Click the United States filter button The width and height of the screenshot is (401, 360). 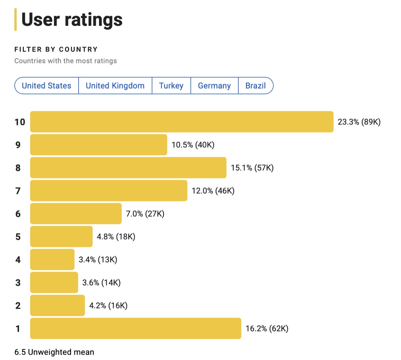click(46, 86)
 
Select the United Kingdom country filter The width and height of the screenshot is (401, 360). click(115, 86)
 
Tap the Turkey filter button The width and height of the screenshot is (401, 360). click(171, 86)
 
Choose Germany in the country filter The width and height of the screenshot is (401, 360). click(214, 86)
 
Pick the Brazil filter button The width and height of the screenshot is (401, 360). click(256, 86)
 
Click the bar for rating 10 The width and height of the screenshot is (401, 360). click(181, 122)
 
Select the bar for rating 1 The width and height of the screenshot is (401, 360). click(135, 329)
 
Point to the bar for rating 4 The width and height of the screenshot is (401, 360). click(52, 260)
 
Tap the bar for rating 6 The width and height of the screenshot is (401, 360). click(76, 213)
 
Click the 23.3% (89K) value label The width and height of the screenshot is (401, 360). click(359, 122)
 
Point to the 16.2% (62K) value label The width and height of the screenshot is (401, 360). click(267, 329)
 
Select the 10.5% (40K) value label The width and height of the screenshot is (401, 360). click(193, 145)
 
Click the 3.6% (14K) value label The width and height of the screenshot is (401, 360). click(101, 283)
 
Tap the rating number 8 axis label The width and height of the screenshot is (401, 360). click(18, 168)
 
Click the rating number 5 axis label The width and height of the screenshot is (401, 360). click(18, 237)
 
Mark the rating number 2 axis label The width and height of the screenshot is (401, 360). click(18, 305)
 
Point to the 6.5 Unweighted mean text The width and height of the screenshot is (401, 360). click(54, 352)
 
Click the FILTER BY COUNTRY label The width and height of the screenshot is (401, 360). click(56, 50)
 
